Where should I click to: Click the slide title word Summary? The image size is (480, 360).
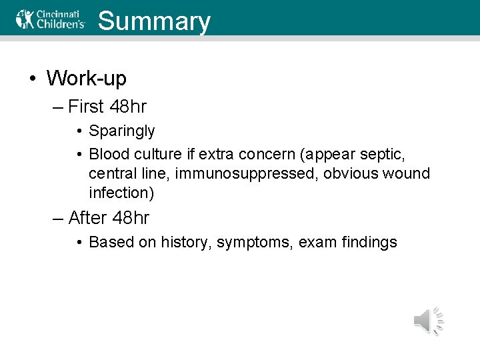(154, 21)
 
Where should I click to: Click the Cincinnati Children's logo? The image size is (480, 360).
(51, 19)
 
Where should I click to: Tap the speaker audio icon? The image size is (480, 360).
(428, 321)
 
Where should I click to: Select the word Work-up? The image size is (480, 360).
(86, 78)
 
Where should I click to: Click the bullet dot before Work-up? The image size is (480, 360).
(32, 79)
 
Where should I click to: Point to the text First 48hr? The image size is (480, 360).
(107, 106)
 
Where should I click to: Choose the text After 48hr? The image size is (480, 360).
(109, 217)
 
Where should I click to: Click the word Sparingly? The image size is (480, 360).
(121, 131)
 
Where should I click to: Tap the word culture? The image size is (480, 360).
(155, 154)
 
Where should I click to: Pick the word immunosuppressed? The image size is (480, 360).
(247, 173)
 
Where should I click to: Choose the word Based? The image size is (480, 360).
(111, 242)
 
